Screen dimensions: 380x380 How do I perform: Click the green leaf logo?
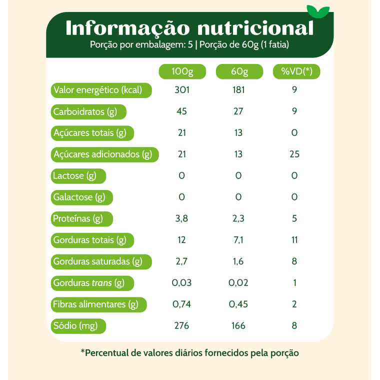(318, 11)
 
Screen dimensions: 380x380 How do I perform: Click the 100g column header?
(182, 71)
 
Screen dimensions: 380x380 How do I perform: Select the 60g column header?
(239, 71)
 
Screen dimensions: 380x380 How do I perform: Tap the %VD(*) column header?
(296, 71)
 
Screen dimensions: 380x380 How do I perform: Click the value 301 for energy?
(182, 90)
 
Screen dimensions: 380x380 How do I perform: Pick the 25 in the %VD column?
(294, 154)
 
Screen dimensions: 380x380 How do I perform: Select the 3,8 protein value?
(182, 218)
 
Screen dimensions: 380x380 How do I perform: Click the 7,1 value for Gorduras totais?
(238, 240)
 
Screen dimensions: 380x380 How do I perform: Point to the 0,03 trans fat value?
(182, 283)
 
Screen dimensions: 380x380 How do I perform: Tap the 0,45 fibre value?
(238, 304)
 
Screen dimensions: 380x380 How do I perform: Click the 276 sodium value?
(182, 325)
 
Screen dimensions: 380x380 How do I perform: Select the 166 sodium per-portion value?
(238, 325)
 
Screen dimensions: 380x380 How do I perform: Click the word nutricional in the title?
(255, 28)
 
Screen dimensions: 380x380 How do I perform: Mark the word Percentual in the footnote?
(106, 353)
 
